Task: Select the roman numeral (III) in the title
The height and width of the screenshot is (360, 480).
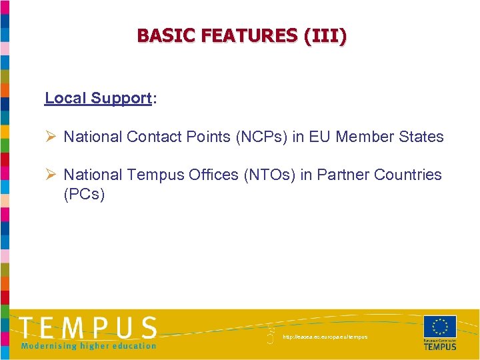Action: point(325,35)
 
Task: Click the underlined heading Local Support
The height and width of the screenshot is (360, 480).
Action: point(98,98)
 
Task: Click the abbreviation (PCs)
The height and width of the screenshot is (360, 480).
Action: point(84,195)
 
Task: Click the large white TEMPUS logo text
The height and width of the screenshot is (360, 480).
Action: point(88,328)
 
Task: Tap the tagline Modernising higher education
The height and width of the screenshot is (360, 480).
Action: point(88,345)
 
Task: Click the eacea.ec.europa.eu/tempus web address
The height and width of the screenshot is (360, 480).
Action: point(325,337)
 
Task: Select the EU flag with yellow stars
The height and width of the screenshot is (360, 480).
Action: point(440,327)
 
